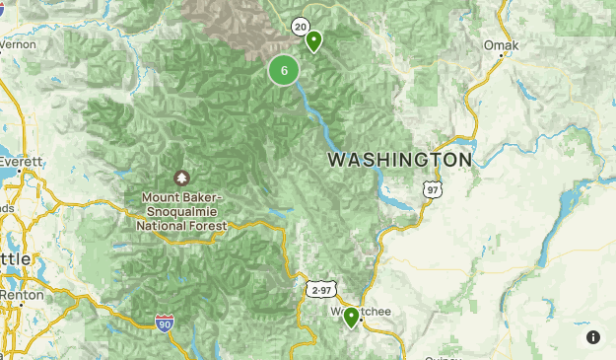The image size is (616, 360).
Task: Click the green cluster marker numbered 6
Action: [284, 70]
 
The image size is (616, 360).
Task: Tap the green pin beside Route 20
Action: [313, 41]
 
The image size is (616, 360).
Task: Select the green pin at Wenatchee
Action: [351, 317]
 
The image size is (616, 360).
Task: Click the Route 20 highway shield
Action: [301, 27]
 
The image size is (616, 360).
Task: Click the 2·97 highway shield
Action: [320, 290]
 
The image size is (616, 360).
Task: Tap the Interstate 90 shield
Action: [164, 324]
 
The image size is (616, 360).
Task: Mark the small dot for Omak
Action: [503, 55]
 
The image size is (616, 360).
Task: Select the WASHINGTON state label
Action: [399, 159]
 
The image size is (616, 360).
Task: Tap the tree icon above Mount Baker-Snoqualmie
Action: [181, 178]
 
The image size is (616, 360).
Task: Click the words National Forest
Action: [181, 226]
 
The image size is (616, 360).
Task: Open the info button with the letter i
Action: [593, 337]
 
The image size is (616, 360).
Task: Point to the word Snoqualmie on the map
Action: [185, 211]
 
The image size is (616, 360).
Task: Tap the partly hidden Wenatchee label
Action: [371, 312]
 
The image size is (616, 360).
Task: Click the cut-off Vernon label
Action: [17, 44]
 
